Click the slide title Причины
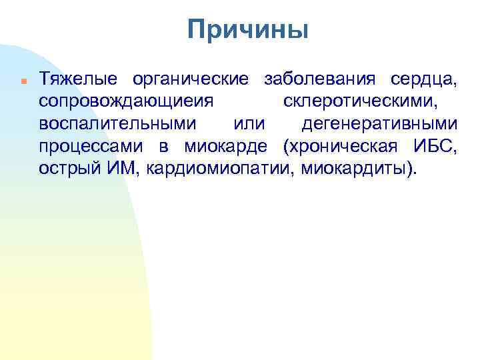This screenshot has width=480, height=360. (248, 30)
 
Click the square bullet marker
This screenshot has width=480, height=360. (23, 81)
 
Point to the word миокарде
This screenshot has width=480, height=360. (225, 146)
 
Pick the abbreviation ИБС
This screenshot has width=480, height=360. (435, 146)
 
